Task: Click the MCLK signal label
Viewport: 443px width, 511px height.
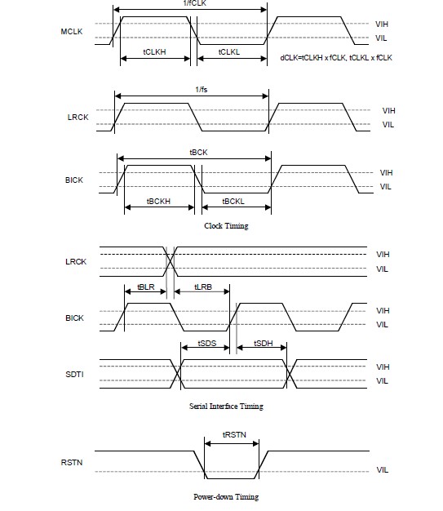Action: [72, 32]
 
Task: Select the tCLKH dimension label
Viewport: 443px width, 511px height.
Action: [154, 51]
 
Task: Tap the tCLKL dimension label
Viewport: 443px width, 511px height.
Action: [229, 51]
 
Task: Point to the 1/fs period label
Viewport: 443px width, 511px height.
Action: [202, 89]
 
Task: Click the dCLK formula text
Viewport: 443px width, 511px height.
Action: [336, 58]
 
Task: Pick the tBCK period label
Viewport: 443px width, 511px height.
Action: [198, 152]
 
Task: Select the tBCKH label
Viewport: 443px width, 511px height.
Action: [158, 202]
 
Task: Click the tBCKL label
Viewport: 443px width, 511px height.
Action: [233, 202]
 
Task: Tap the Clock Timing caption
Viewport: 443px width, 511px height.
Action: [226, 225]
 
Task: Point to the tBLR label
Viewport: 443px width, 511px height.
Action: [146, 287]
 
